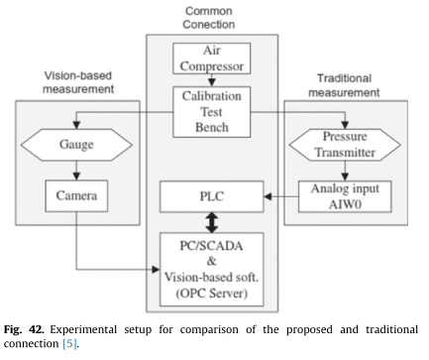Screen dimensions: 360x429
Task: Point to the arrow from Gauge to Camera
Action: coord(75,171)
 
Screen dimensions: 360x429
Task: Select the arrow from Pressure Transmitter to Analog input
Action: coord(354,172)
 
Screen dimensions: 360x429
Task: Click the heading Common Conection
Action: coord(214,18)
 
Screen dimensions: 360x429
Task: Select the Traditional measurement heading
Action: coord(354,82)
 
